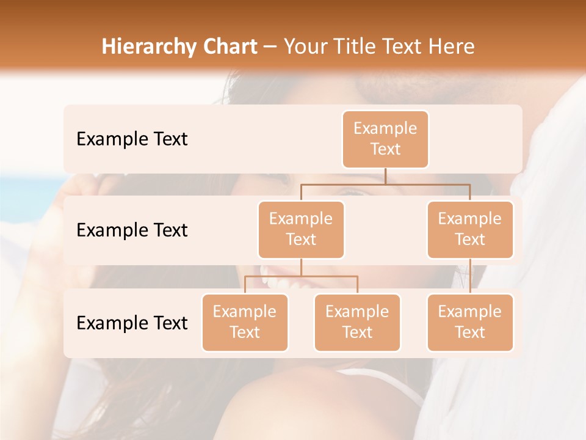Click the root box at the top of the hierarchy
tap(385, 139)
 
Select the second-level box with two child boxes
tap(301, 230)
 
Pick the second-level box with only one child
tap(470, 230)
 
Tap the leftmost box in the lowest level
tap(245, 323)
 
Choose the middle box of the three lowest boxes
tap(357, 323)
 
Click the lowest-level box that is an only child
tap(470, 323)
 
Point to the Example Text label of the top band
tap(132, 139)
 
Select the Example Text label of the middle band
tap(132, 230)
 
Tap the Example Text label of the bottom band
tap(132, 323)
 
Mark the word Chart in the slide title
tap(231, 46)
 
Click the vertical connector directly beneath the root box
tap(385, 176)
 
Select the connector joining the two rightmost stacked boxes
tap(470, 276)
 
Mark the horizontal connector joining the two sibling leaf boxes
tap(301, 276)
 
